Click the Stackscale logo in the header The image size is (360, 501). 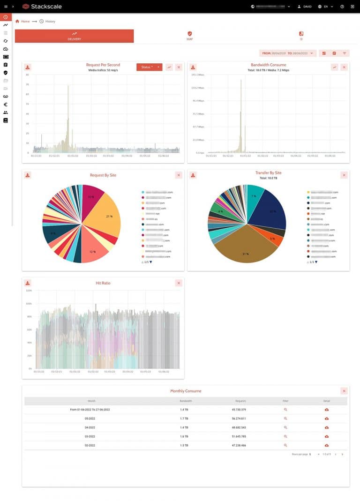tap(42, 7)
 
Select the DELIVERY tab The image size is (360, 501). tap(74, 36)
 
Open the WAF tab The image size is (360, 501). tap(189, 36)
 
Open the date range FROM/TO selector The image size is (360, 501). tap(288, 53)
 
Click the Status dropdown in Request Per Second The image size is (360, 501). tap(149, 67)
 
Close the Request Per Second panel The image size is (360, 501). tap(179, 67)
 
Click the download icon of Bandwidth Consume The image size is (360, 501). tap(193, 67)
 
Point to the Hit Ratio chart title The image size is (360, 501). tap(103, 283)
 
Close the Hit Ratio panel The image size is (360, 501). tap(179, 283)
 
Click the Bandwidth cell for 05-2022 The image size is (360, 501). tap(184, 419)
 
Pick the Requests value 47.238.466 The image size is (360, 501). tap(239, 445)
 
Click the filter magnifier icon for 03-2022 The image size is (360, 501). tap(285, 436)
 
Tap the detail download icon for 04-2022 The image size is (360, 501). tap(327, 427)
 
